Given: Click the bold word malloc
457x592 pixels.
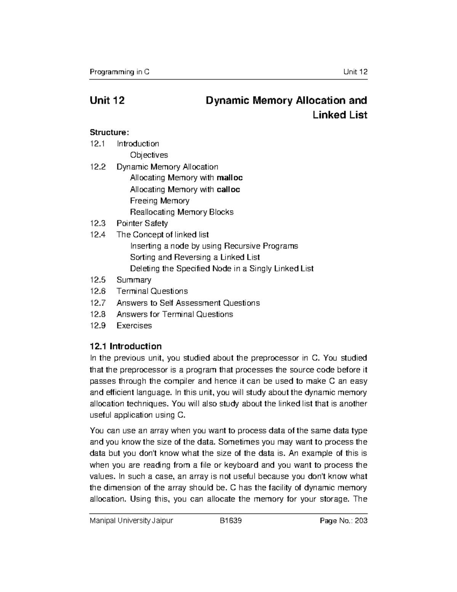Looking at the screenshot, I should pos(229,178).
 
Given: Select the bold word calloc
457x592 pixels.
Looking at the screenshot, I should pos(228,189).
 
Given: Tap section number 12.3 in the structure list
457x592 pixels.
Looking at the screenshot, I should pos(97,223).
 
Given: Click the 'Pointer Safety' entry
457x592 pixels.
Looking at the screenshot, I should pos(142,223).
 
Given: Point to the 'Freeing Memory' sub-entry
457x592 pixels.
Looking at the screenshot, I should pos(160,201).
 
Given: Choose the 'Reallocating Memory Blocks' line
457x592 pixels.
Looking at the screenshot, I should pos(182,212).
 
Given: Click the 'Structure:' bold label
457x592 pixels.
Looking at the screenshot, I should pos(109,133).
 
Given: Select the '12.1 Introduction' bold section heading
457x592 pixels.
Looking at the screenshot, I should pos(126,346).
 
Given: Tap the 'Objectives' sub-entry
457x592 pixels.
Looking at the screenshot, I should pos(149,155).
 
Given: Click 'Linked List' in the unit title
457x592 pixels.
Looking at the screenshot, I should pos(340,115).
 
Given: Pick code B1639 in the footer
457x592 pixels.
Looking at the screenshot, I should pos(228,520).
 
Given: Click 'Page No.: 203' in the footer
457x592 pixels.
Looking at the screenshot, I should pos(344,520).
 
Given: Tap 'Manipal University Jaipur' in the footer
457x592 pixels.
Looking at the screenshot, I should pos(131,520).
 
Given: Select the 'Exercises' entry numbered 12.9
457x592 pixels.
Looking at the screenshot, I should pos(134,326).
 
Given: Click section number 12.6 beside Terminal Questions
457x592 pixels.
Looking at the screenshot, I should pos(97,291).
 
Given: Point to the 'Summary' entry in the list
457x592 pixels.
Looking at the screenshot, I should pos(134,280).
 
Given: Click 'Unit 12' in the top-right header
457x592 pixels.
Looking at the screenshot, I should pos(355,72).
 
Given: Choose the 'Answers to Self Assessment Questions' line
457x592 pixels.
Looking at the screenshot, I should pos(188,303).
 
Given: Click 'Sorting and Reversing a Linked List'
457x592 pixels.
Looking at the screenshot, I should pos(195,257).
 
